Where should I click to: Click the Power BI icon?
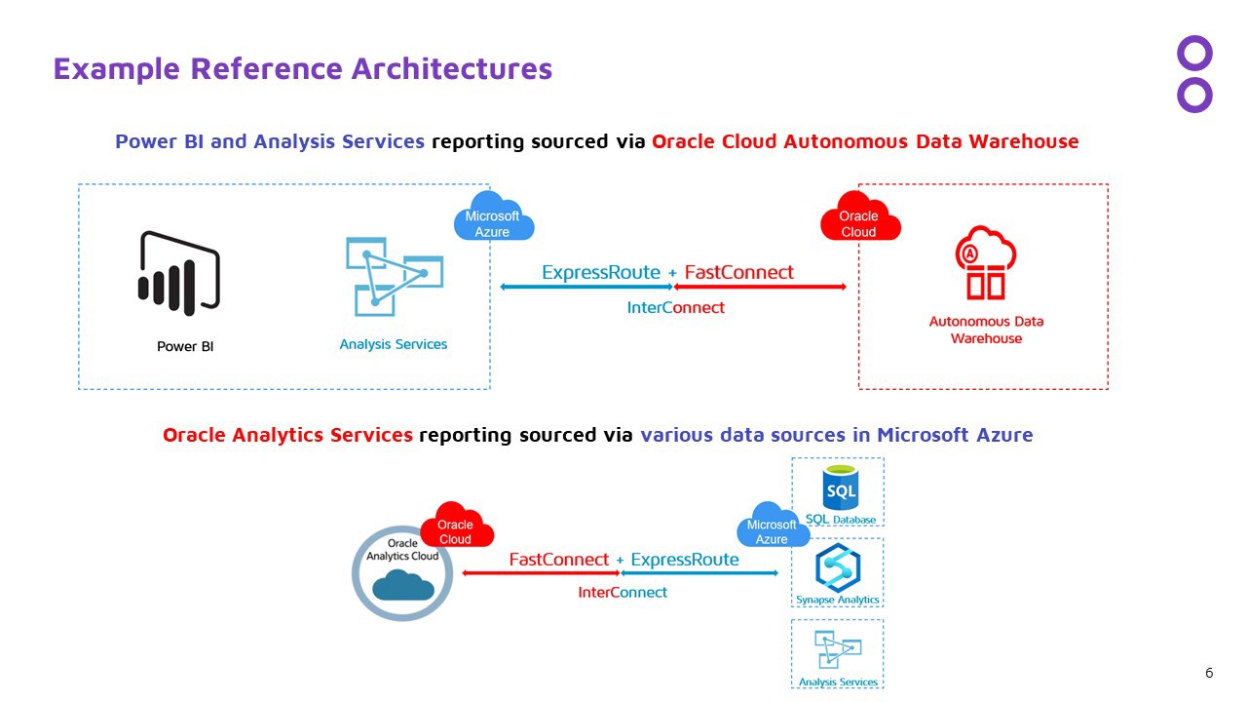(179, 273)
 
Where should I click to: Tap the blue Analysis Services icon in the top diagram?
(394, 276)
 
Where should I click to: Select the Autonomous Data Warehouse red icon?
(985, 263)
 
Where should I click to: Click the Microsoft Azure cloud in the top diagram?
(493, 220)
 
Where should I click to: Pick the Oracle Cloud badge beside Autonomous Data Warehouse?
(859, 220)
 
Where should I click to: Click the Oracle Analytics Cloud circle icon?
(401, 573)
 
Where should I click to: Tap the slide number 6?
(1209, 673)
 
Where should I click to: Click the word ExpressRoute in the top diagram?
(601, 272)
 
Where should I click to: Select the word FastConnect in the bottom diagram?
(559, 560)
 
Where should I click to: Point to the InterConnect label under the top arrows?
(675, 307)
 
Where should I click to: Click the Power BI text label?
(185, 346)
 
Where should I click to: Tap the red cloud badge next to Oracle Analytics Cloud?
(456, 527)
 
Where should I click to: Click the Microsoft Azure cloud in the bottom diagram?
(773, 527)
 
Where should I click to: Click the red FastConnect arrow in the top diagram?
(760, 287)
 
